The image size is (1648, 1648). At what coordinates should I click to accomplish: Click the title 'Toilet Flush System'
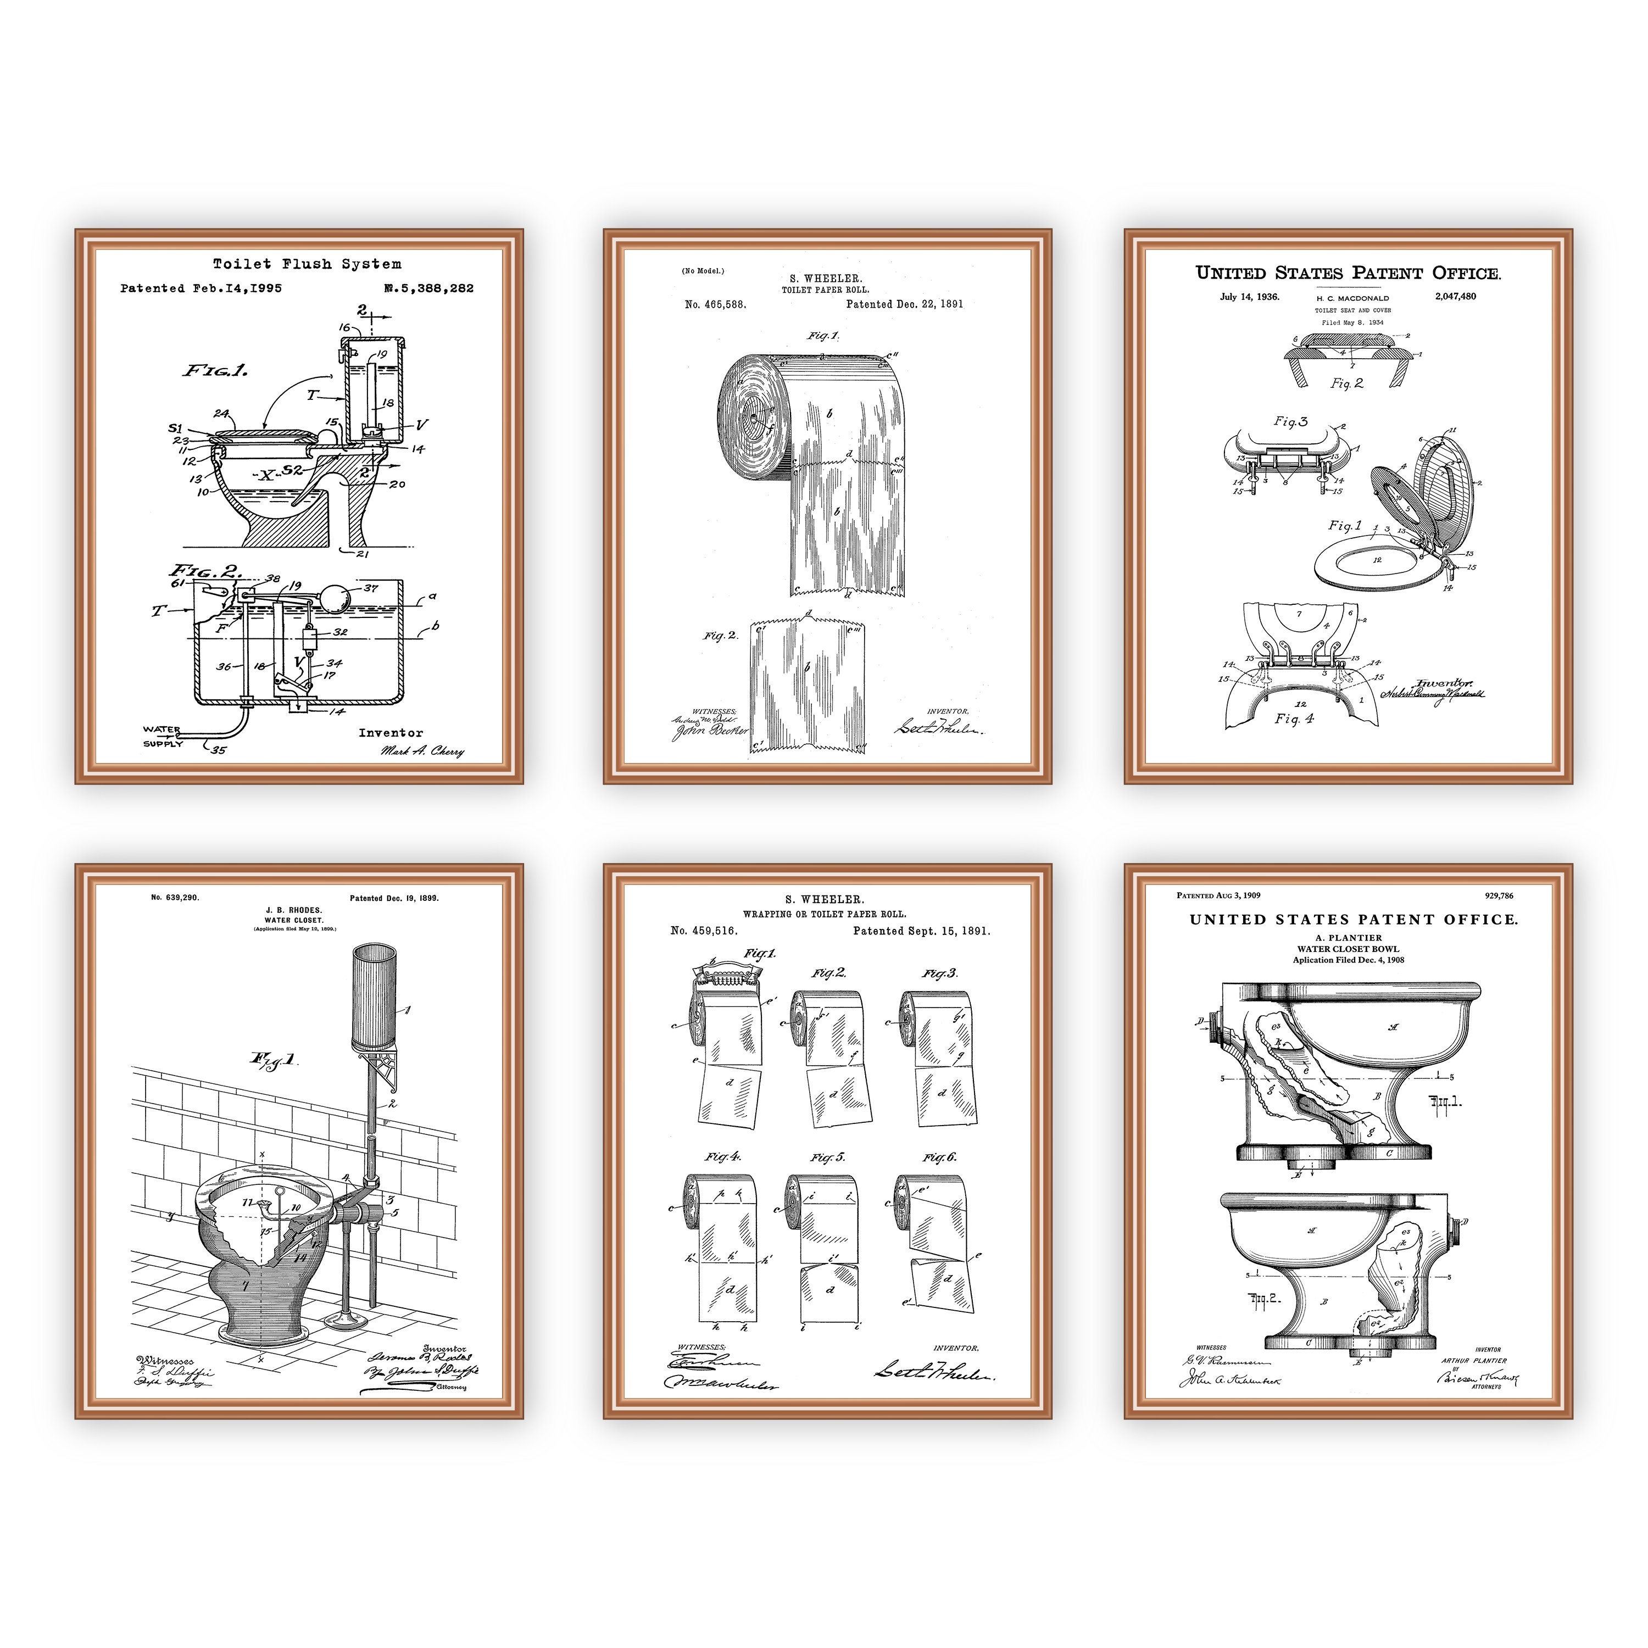click(307, 264)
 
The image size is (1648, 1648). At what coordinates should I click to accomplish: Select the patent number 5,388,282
click(429, 288)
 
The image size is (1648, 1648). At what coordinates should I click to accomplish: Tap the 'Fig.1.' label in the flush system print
click(215, 370)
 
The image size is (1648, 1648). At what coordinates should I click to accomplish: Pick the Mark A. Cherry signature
click(422, 751)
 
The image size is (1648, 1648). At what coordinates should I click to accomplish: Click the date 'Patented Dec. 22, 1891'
click(904, 304)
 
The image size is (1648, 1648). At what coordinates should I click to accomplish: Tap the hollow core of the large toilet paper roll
click(754, 419)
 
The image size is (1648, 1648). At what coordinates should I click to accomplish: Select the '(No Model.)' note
click(703, 271)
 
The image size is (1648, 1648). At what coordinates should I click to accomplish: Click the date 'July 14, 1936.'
click(1249, 297)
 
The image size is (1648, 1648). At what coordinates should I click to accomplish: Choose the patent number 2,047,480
click(1455, 297)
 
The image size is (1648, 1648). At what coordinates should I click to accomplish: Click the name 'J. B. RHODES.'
click(293, 910)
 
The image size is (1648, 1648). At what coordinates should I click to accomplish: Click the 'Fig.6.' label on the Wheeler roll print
click(939, 1157)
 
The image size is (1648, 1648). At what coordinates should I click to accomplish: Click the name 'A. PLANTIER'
click(1349, 938)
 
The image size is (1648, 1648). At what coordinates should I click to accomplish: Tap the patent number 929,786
click(1499, 895)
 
